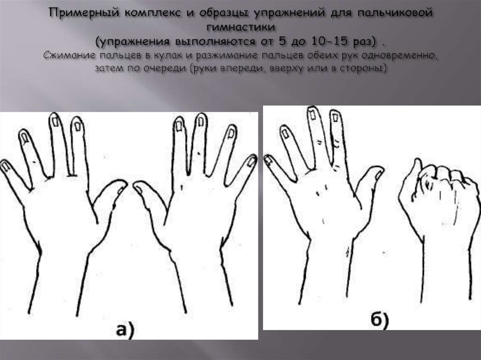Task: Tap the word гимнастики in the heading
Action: point(241,27)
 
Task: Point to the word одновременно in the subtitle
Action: point(403,56)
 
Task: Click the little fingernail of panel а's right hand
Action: point(252,161)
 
